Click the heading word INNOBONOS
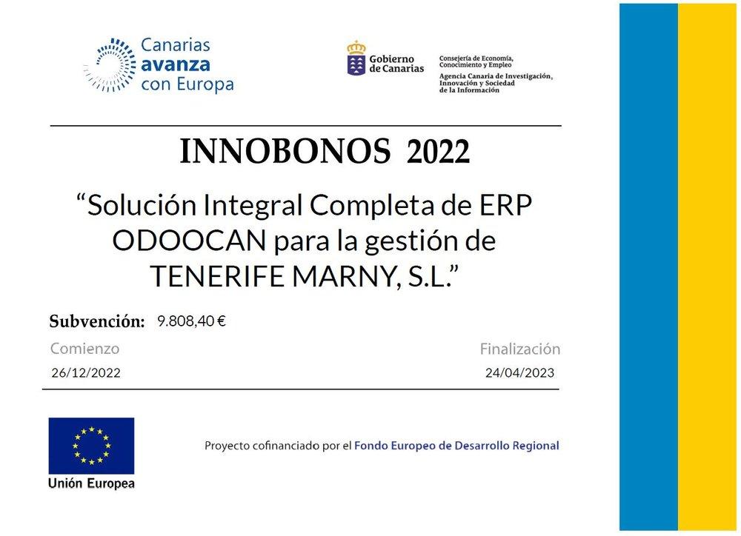(x=285, y=152)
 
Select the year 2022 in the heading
(x=438, y=152)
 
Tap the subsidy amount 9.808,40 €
(x=191, y=321)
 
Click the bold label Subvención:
(x=97, y=321)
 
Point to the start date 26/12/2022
(x=85, y=372)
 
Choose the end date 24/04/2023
(x=519, y=372)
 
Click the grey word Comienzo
(x=84, y=349)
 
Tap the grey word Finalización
(x=520, y=349)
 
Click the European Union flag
(x=91, y=446)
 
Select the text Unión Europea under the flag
(x=91, y=483)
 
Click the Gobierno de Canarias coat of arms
(x=356, y=58)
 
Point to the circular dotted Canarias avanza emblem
(x=110, y=65)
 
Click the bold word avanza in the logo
(x=176, y=64)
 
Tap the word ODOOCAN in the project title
(x=190, y=241)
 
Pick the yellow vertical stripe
(x=707, y=267)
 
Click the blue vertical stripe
(x=649, y=267)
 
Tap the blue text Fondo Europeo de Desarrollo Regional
(x=456, y=446)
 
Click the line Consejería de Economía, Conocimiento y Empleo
(x=476, y=61)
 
